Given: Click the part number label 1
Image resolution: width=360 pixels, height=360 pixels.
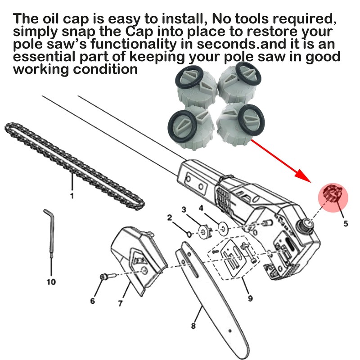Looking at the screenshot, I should (x=72, y=196).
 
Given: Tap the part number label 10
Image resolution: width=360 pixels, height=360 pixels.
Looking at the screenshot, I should (x=51, y=282).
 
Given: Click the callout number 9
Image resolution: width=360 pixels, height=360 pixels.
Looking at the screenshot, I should (x=250, y=298).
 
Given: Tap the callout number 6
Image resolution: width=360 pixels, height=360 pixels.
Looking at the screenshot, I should (x=92, y=301).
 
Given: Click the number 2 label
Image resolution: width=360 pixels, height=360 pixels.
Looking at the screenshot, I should (x=170, y=218).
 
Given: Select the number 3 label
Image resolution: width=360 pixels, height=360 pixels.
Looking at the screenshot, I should (x=184, y=209).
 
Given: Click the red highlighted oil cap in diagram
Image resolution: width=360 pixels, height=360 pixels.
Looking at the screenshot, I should (x=334, y=196).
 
